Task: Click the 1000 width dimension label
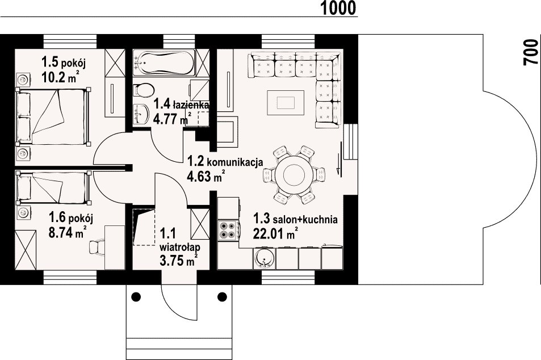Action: click(x=338, y=9)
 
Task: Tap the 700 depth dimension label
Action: click(x=531, y=52)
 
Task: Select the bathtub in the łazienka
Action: click(x=164, y=64)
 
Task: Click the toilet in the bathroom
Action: click(x=143, y=90)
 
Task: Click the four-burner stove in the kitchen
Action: click(x=227, y=229)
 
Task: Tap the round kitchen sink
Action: click(x=265, y=258)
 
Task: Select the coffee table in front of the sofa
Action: click(x=286, y=103)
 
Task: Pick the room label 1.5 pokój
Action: click(x=63, y=63)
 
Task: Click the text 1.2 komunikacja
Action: click(x=225, y=161)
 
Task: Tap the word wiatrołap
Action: click(x=180, y=248)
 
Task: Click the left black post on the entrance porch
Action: click(x=136, y=296)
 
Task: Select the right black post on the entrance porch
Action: click(x=222, y=296)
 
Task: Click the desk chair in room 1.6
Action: click(x=97, y=247)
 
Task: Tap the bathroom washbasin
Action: click(x=141, y=113)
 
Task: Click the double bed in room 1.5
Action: click(x=53, y=116)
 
